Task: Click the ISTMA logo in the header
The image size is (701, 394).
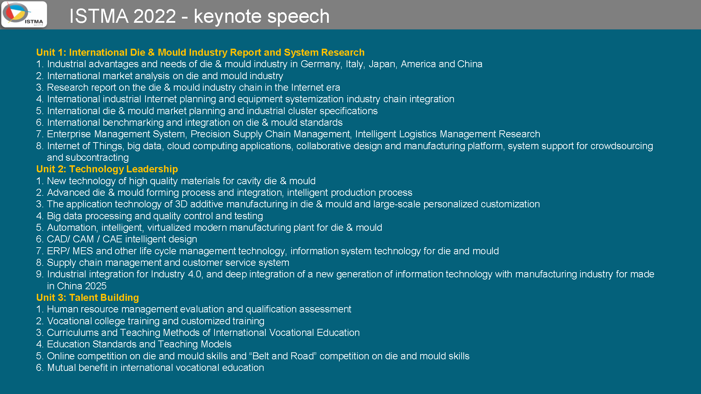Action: [24, 14]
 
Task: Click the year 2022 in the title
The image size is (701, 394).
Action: [155, 16]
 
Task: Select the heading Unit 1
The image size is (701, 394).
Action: [200, 53]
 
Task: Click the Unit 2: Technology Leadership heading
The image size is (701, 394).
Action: [107, 169]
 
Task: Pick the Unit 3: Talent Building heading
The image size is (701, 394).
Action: [88, 298]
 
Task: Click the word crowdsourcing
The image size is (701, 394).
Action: [621, 146]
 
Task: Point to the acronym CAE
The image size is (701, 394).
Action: [112, 239]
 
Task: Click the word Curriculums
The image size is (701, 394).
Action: [73, 333]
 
